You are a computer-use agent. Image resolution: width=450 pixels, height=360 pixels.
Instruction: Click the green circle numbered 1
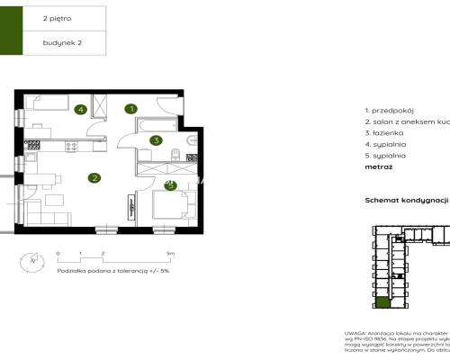[131, 109]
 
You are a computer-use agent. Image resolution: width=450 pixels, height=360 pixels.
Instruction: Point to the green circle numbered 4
[81, 110]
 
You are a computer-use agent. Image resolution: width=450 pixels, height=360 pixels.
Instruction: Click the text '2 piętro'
[58, 16]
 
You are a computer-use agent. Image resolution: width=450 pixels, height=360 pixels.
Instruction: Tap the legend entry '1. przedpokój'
[389, 108]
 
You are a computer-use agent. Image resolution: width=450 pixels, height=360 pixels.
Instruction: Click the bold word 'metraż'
[378, 166]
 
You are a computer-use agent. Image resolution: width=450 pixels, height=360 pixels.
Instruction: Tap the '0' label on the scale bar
[57, 255]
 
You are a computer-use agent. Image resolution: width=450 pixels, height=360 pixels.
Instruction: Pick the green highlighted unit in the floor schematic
[382, 306]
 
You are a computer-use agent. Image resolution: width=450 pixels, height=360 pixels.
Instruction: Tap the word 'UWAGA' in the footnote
[355, 332]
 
